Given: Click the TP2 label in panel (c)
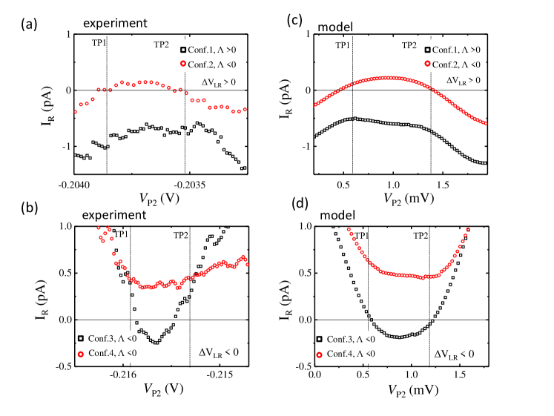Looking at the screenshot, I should tap(409, 45).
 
